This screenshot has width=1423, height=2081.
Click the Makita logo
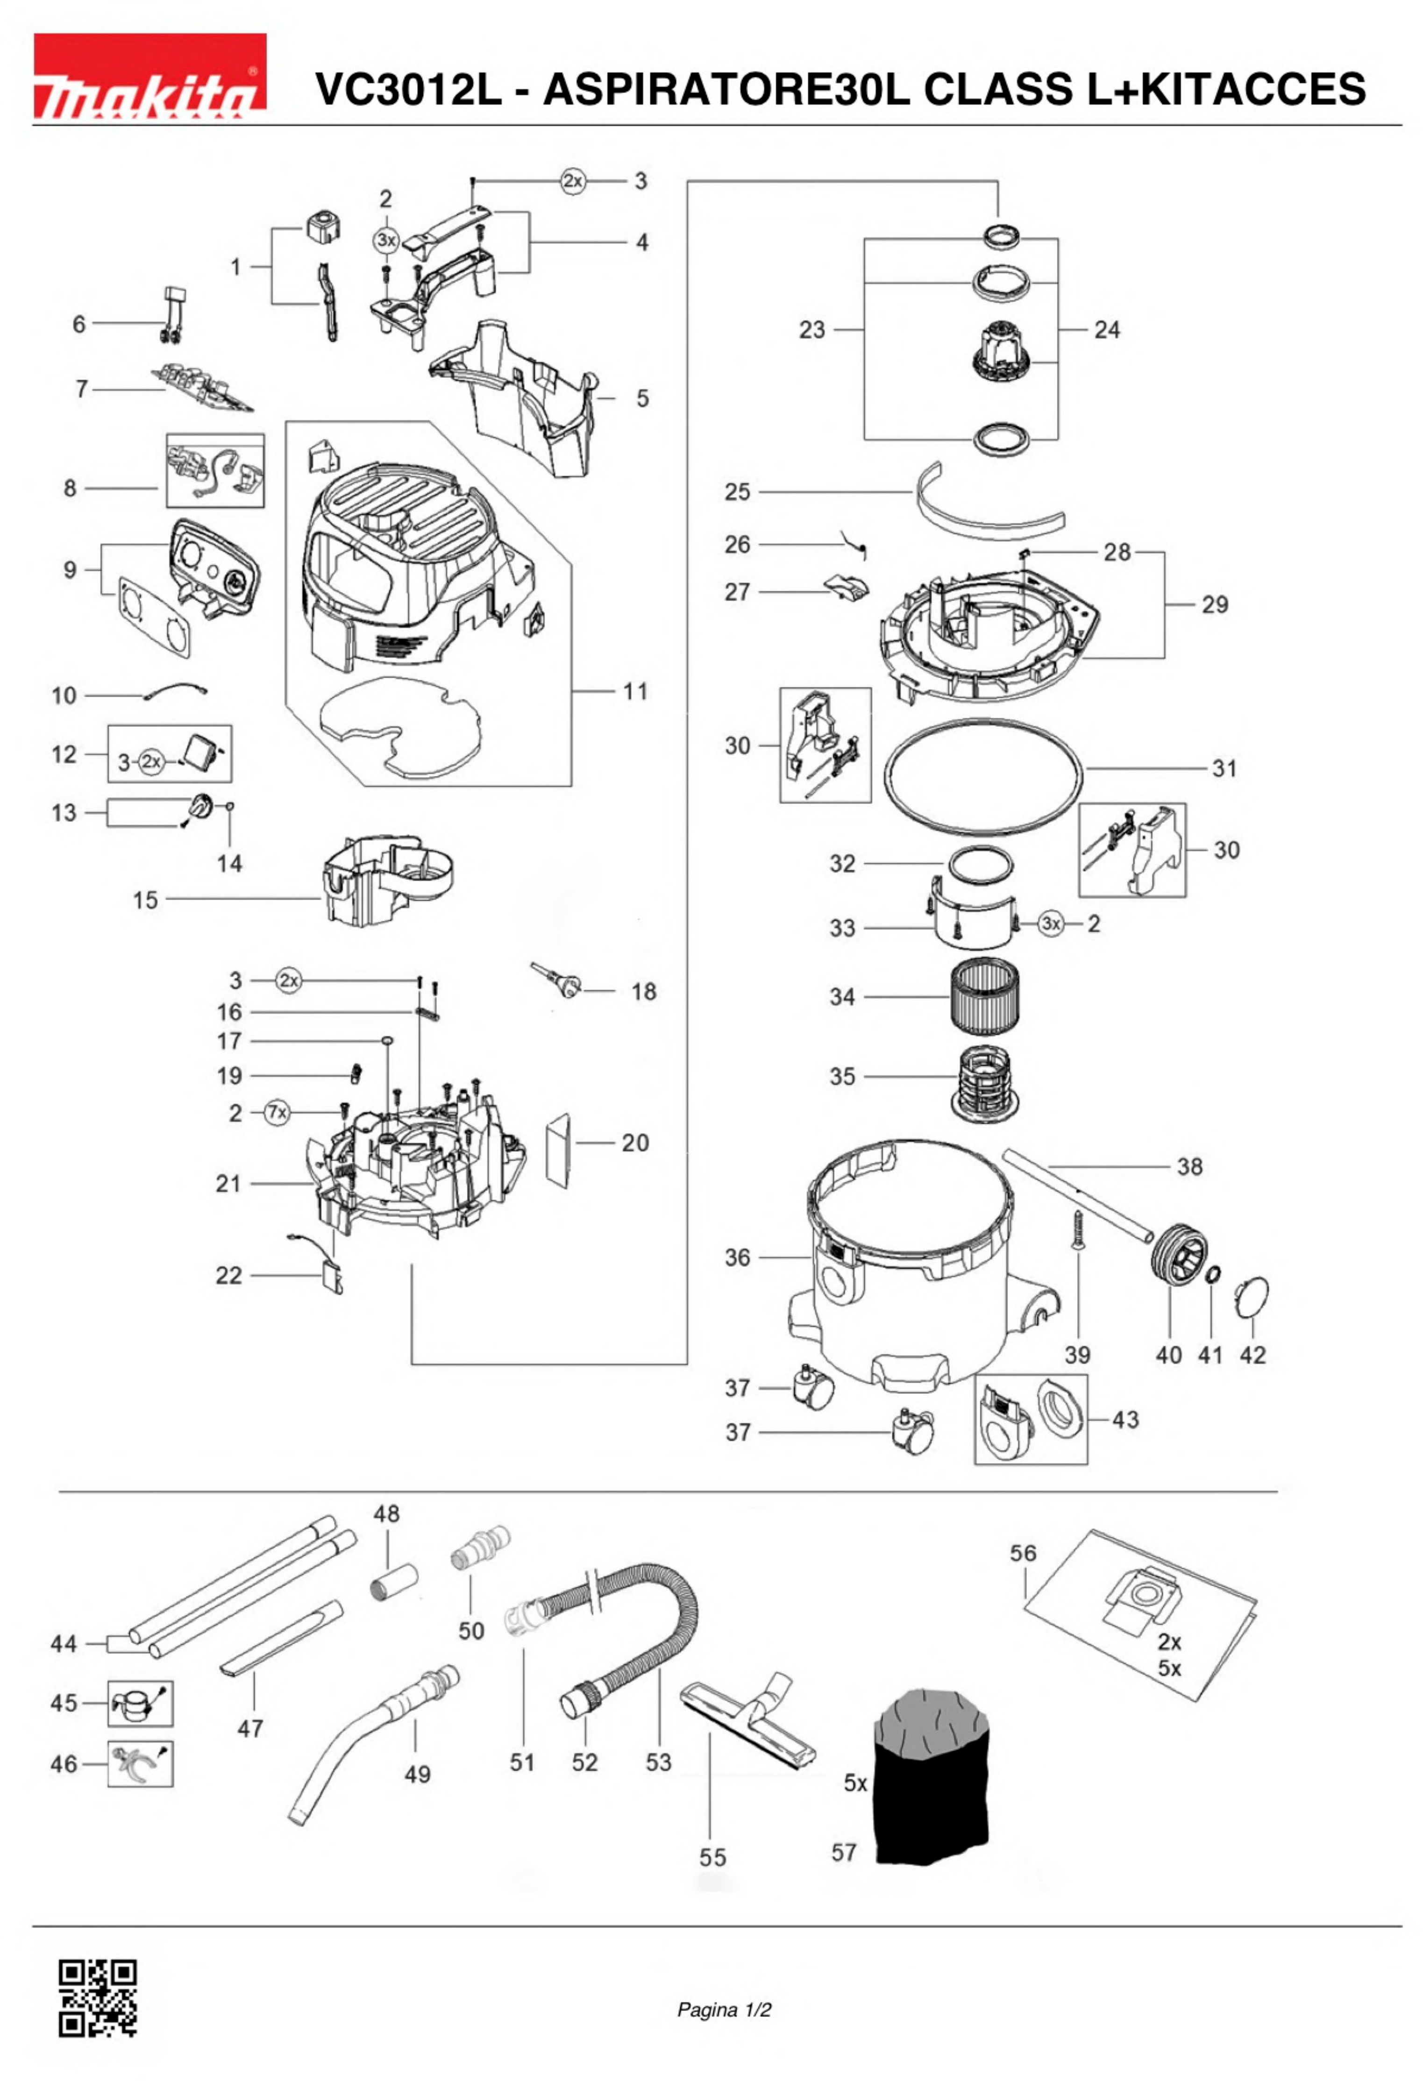149,76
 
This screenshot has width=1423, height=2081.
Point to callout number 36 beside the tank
737,1257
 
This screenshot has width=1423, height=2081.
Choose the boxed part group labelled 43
1030,1419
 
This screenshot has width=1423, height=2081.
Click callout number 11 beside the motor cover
635,690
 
